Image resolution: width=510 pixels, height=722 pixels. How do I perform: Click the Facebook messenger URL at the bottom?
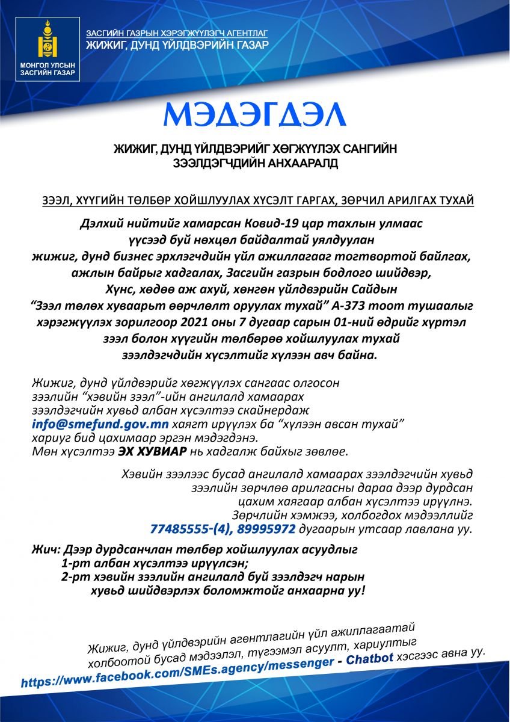point(177,671)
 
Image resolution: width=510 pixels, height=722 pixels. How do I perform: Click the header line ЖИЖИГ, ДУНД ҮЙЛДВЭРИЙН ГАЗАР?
point(177,46)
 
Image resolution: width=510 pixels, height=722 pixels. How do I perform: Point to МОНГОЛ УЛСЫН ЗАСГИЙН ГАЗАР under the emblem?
point(47,69)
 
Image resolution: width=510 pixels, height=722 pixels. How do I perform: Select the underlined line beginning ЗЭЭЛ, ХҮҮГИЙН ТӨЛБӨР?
point(255,199)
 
